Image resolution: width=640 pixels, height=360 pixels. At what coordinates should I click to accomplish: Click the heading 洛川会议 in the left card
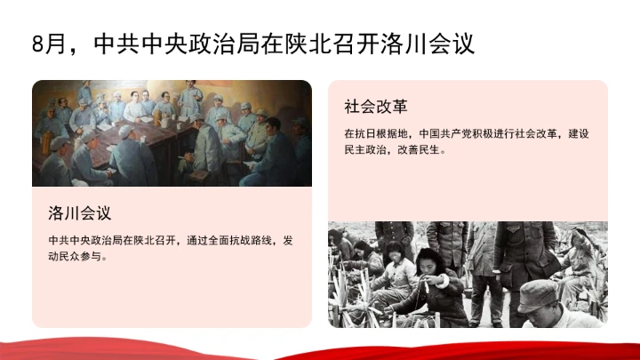coord(84,213)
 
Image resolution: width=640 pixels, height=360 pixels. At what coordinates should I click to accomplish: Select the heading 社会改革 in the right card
coord(376,107)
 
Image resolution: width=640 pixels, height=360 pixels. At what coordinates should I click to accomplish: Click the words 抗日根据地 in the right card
coord(378,133)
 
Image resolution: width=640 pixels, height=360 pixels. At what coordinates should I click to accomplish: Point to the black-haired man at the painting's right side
coord(276,147)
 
